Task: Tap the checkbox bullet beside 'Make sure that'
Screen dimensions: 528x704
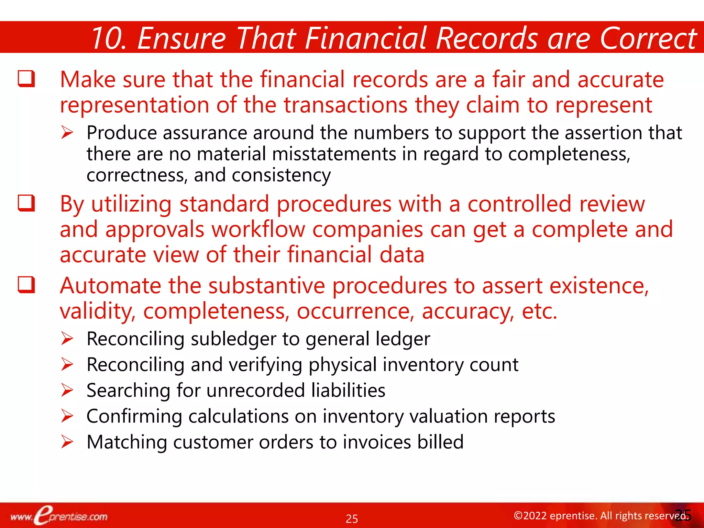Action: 26,79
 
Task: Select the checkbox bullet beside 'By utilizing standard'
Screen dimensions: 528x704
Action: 26,203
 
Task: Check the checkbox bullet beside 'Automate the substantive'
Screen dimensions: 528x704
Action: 26,285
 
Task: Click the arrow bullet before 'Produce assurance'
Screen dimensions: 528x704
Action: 67,133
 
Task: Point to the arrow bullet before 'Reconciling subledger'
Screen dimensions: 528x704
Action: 67,339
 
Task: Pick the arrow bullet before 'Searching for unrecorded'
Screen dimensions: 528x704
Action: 67,390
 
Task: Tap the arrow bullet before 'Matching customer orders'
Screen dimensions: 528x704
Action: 67,442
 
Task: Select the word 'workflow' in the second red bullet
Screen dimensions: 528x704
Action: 258,230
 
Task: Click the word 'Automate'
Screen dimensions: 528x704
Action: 110,286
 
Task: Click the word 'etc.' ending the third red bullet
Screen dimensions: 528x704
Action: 539,311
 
